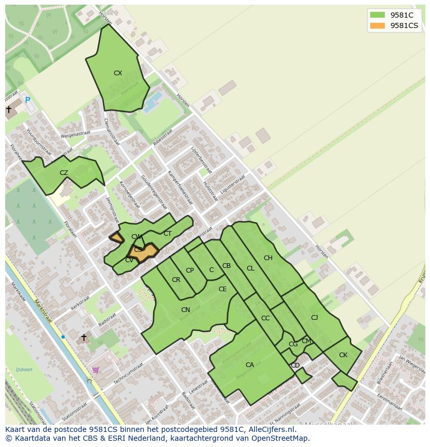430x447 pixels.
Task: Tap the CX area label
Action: point(118,73)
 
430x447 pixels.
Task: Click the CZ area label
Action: point(64,173)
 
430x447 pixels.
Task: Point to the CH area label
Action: point(268,258)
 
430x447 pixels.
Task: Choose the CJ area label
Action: point(314,318)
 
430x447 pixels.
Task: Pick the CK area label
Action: point(343,355)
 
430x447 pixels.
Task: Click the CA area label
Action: point(250,365)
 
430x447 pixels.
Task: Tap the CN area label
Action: point(185,310)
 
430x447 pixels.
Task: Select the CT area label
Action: point(167,234)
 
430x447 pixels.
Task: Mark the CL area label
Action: point(250,268)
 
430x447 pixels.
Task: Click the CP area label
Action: point(190,270)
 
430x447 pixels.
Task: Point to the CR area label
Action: point(176,280)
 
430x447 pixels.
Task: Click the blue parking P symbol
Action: point(28,100)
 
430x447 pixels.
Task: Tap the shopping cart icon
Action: point(95,370)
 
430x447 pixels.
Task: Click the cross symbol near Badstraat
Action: point(84,337)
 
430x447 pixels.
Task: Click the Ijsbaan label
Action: point(24,370)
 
